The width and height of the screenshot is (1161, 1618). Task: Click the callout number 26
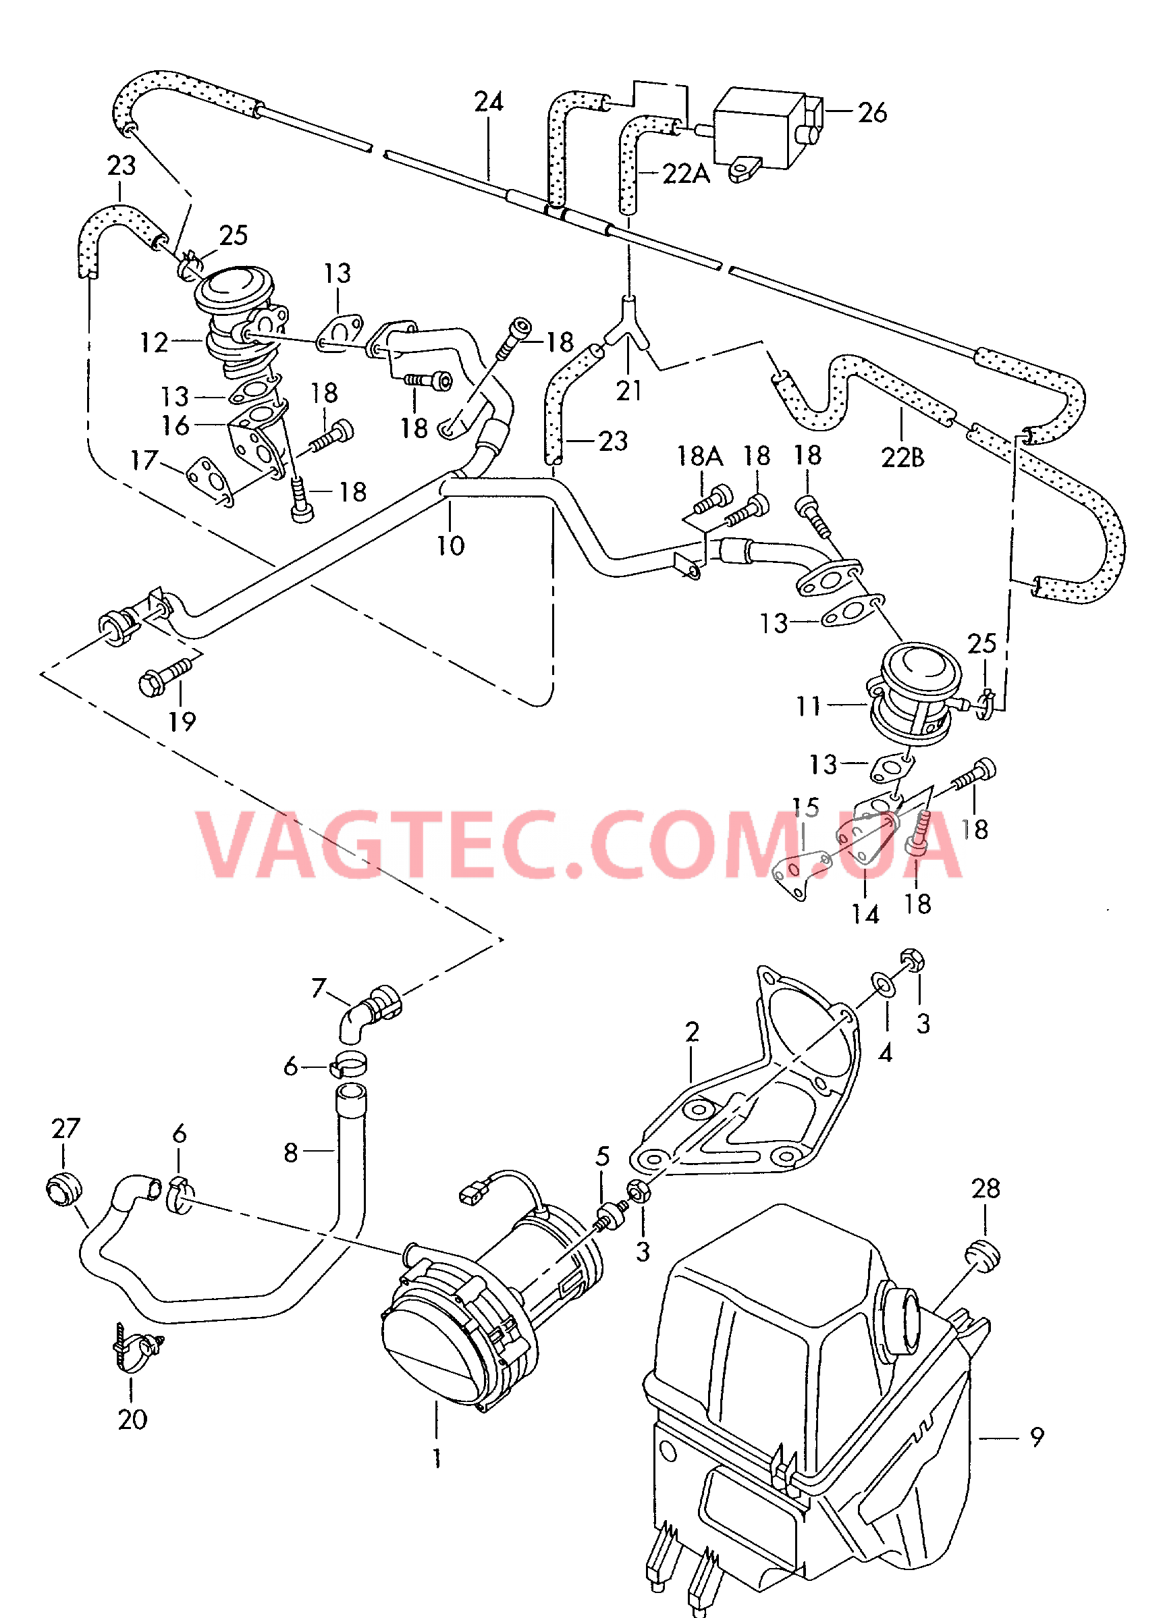[872, 113]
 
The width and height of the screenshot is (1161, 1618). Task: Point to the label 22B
[902, 457]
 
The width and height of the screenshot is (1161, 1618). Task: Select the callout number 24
[489, 102]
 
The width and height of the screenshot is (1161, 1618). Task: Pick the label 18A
[699, 456]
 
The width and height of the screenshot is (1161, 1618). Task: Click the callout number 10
[450, 546]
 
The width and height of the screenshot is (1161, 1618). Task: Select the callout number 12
[154, 342]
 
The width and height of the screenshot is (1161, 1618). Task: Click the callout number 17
[143, 460]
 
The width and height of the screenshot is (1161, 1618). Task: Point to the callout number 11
[809, 706]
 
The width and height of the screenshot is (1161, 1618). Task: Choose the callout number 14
[865, 914]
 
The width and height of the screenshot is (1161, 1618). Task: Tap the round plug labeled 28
[983, 1255]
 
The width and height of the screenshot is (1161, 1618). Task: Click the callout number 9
[1037, 1436]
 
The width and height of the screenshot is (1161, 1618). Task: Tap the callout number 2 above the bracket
[691, 1031]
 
